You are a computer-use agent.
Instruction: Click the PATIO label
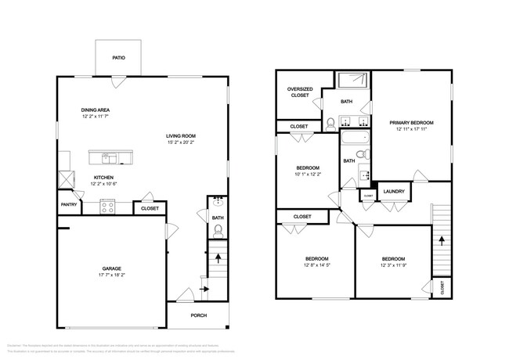(119, 58)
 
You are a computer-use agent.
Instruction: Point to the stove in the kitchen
(107, 207)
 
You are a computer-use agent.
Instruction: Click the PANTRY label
(68, 205)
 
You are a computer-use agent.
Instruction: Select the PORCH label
(200, 315)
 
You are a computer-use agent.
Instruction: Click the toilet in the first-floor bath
(218, 230)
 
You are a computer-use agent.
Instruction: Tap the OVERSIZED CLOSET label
(300, 92)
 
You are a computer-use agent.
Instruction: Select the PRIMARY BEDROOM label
(411, 123)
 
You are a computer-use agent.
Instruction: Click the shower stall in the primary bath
(353, 79)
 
